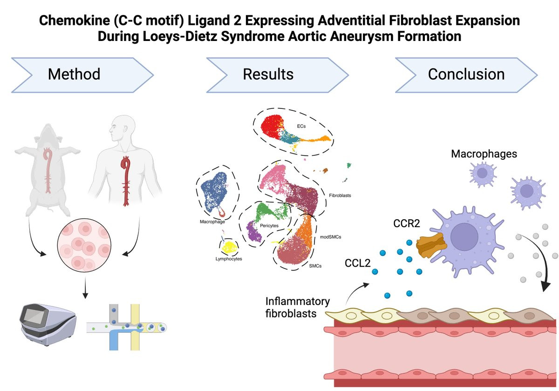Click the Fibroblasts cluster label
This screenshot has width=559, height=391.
click(340, 195)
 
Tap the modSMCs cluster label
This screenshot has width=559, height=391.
click(330, 237)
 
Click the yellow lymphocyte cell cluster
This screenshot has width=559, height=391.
click(229, 246)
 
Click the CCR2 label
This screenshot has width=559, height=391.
click(406, 224)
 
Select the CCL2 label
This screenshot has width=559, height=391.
click(358, 264)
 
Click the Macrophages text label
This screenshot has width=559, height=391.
click(484, 154)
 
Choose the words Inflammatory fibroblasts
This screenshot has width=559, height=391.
click(291, 307)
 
